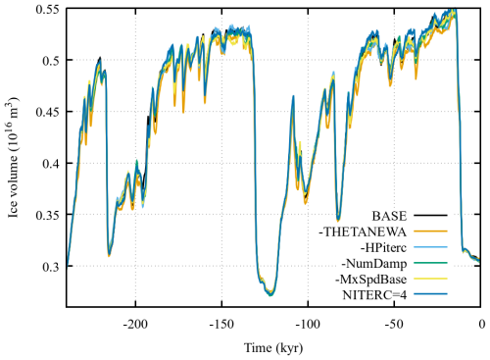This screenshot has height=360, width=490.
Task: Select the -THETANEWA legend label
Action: click(x=373, y=231)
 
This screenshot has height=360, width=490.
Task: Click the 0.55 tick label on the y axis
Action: click(x=45, y=9)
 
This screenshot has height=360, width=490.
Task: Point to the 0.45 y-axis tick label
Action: click(x=45, y=111)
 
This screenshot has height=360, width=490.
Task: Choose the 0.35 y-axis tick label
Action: click(x=45, y=214)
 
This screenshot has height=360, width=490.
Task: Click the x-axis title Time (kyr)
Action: click(x=273, y=347)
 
